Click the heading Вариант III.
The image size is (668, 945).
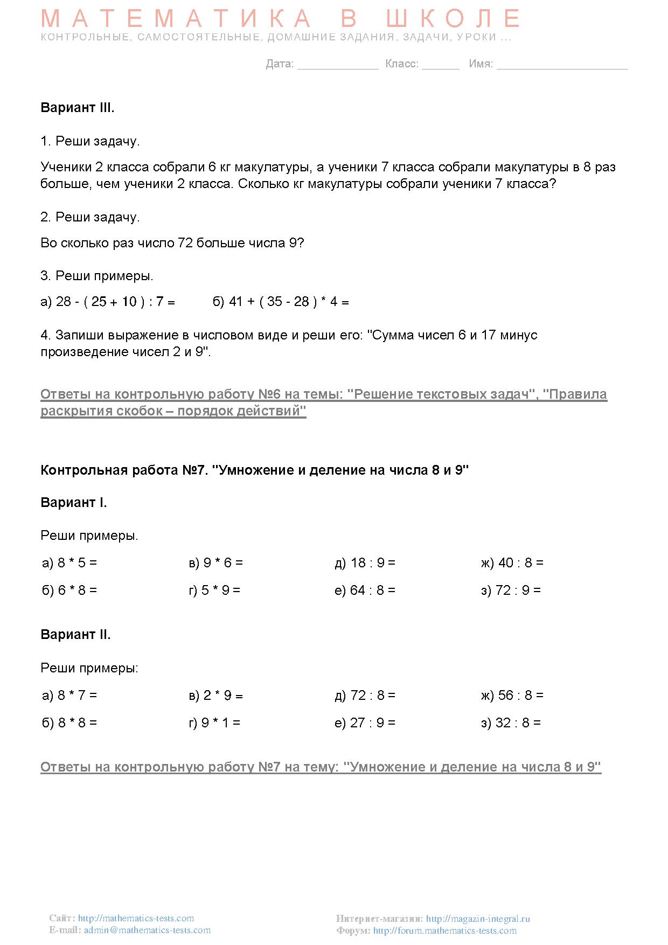click(77, 108)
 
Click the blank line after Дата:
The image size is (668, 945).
click(338, 65)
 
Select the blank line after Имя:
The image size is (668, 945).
click(562, 65)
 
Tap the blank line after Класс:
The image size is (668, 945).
click(440, 65)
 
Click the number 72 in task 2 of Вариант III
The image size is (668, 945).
click(185, 243)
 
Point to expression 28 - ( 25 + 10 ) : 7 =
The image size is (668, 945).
click(108, 302)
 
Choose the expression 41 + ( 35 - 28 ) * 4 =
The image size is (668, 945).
click(281, 302)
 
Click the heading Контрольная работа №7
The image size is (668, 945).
click(254, 470)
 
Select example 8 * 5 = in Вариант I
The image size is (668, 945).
click(69, 563)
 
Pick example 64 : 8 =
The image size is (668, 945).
click(365, 590)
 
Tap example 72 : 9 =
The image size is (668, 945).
click(511, 590)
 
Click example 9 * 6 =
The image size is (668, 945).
click(215, 563)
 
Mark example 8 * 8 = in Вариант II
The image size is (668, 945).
click(69, 723)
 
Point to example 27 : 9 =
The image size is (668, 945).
click(365, 723)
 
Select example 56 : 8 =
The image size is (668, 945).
click(512, 696)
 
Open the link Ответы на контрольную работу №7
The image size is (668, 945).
click(321, 767)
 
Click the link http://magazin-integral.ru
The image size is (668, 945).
click(478, 919)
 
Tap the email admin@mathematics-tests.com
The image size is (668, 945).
click(147, 930)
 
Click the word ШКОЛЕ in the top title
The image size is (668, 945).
click(453, 19)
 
